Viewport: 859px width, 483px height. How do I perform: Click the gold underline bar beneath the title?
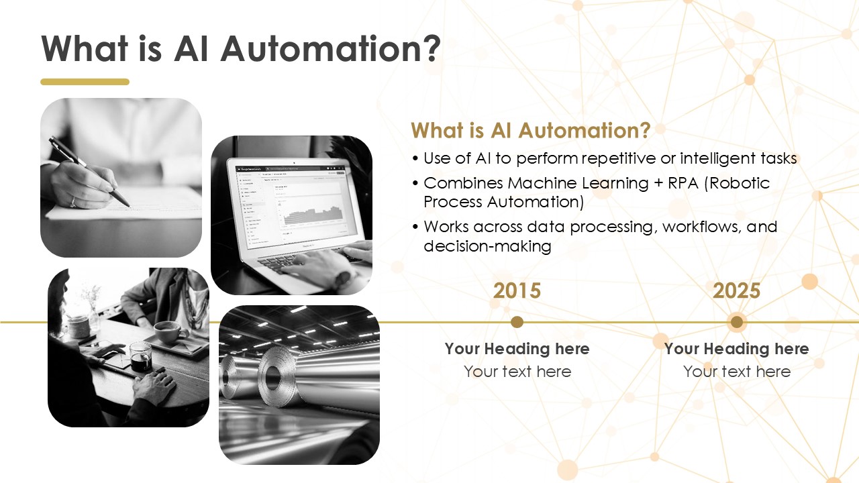pos(85,82)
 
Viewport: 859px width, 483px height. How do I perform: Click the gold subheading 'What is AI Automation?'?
pos(530,130)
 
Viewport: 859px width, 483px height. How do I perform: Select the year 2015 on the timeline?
pos(517,290)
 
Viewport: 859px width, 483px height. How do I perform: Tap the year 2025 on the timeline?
pos(736,290)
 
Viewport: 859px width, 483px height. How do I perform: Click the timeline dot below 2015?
pos(517,322)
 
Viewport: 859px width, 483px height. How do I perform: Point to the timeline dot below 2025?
pos(736,322)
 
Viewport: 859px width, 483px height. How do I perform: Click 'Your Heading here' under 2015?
pos(517,349)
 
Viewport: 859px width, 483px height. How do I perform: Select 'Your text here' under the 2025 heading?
pos(737,372)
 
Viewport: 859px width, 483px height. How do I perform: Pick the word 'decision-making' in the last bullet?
pos(487,246)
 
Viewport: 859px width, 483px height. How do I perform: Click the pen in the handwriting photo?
pos(89,171)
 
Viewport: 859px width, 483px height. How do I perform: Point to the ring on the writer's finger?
pos(72,202)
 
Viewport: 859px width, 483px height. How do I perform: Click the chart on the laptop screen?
pos(313,216)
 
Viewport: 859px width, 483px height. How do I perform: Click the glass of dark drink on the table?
pos(140,357)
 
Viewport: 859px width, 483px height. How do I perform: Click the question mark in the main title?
pos(432,49)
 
